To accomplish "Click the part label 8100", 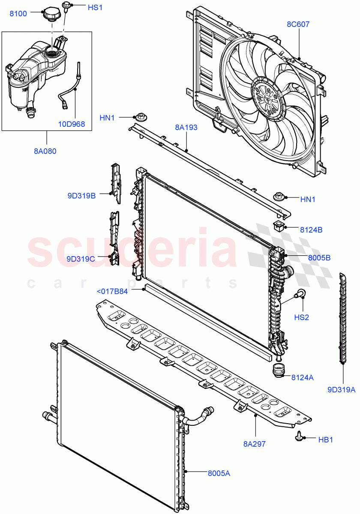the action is (18, 14).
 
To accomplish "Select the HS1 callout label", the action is (95, 8).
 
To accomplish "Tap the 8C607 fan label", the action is (298, 24).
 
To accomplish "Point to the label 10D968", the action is (72, 124).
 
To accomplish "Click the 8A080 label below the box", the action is (45, 151).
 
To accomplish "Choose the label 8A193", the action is (186, 127).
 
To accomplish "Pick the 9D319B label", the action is (81, 196).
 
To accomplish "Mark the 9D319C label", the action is (81, 259).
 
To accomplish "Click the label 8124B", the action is (311, 230).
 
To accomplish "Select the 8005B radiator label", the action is (319, 258).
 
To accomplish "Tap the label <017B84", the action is (112, 292).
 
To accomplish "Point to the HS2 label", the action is (301, 317).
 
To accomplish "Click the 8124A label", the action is (303, 378).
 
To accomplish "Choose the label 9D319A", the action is (342, 390).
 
